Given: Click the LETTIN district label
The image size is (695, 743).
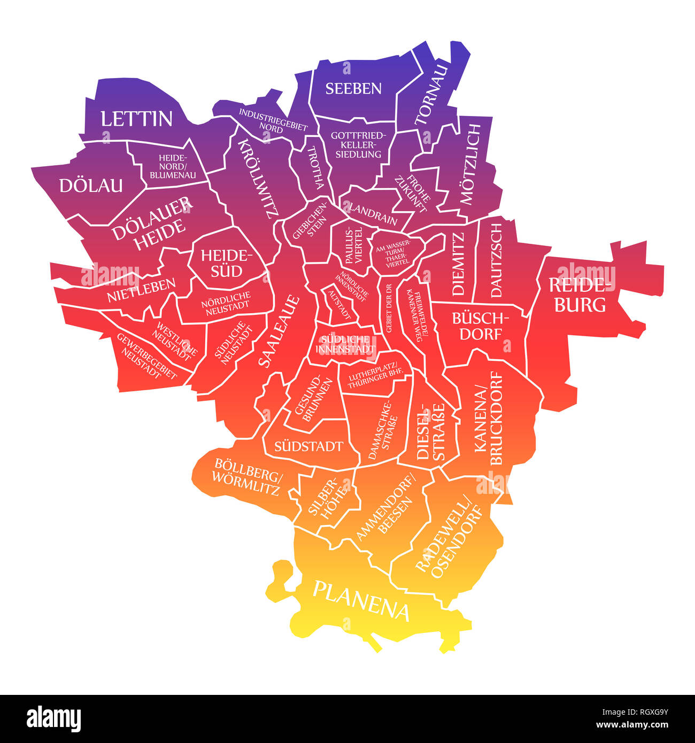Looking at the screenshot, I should click(136, 119).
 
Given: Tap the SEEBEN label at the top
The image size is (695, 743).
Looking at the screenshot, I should click(353, 88).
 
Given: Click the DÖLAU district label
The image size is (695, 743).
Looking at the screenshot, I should click(91, 185).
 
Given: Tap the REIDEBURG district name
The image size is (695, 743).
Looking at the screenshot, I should click(580, 295).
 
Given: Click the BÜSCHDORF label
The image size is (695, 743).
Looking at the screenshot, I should click(477, 326).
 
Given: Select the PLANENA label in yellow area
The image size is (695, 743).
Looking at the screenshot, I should click(361, 600).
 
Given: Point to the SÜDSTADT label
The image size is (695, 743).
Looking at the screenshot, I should click(308, 446).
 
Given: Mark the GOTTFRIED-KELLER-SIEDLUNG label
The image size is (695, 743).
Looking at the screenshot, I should click(356, 144).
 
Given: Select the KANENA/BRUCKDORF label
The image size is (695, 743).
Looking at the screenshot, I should click(488, 419).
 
